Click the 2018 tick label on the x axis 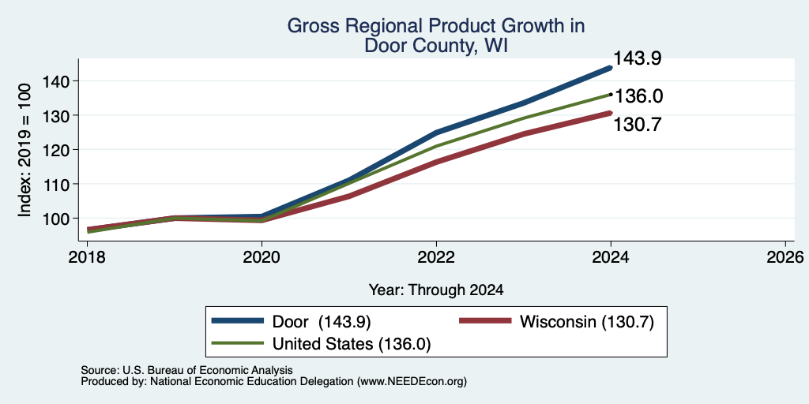tap(87, 256)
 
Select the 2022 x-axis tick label tap(436, 256)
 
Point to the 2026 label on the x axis tap(785, 256)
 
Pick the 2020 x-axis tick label tap(262, 256)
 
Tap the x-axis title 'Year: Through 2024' tap(436, 290)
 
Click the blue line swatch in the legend tap(237, 320)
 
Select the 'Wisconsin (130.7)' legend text tap(587, 322)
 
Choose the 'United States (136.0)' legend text tap(352, 344)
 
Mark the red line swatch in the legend tap(485, 320)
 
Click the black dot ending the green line tap(611, 95)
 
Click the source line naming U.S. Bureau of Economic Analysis tap(186, 370)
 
